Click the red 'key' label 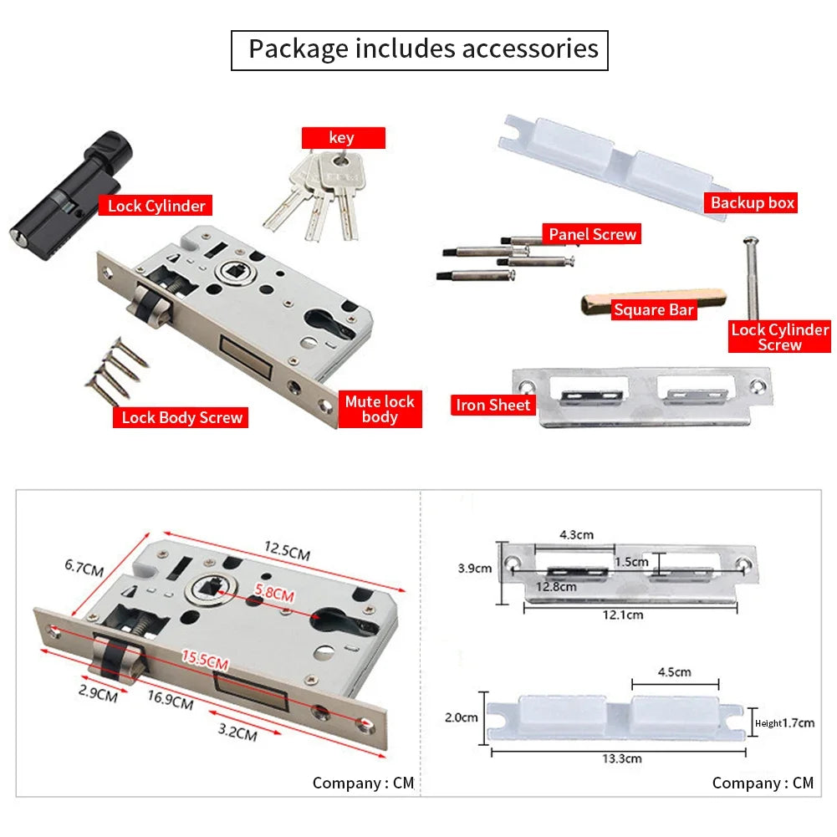(343, 138)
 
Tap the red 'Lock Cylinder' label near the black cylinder (156, 206)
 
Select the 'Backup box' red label (751, 203)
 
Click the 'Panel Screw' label (591, 234)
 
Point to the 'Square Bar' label (654, 309)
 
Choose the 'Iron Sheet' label (493, 406)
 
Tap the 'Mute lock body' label (380, 409)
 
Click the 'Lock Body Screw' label (181, 417)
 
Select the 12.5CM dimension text (287, 550)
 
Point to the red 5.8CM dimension (274, 593)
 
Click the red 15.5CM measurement (205, 659)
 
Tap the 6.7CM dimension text (84, 568)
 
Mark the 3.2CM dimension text (237, 732)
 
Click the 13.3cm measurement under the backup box (622, 758)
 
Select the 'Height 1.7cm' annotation (784, 723)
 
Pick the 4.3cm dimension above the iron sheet (576, 534)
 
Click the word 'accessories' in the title (530, 48)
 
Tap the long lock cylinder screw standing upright (752, 278)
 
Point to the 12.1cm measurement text (623, 615)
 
